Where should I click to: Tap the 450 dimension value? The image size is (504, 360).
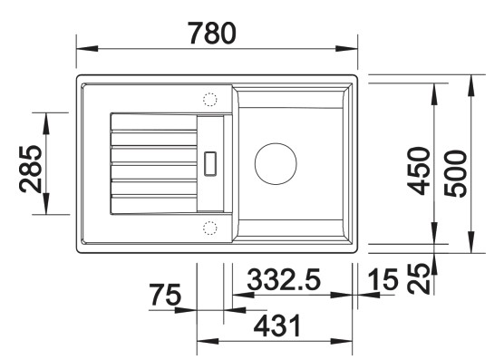(x=417, y=170)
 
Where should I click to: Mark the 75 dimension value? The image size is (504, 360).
(x=166, y=296)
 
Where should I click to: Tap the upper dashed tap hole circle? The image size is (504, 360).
(x=210, y=99)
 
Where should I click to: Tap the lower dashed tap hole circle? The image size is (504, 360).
(x=210, y=227)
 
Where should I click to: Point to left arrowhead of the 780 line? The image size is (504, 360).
(x=81, y=50)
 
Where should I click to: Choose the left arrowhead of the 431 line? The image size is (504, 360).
(x=202, y=342)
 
